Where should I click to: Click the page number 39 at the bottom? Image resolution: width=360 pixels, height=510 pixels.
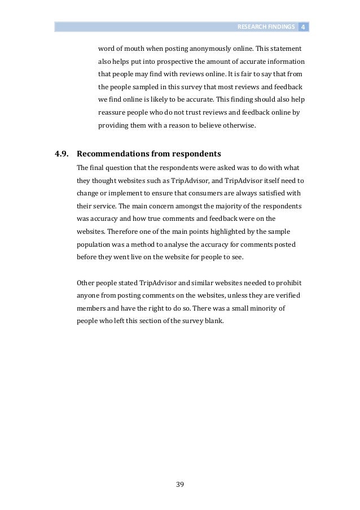(x=180, y=485)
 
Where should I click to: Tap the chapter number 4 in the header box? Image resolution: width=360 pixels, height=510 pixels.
(x=303, y=27)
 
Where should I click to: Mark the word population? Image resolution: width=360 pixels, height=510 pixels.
(x=93, y=245)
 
